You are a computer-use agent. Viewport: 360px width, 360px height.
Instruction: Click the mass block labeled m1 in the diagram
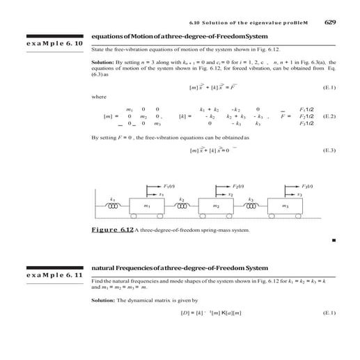point(148,206)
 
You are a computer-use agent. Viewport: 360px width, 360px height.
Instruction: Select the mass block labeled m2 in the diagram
point(217,206)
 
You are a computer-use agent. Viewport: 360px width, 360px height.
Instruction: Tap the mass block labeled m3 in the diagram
point(285,206)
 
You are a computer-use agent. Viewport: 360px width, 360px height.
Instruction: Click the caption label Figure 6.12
point(113,230)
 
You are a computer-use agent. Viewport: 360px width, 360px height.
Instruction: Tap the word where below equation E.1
point(100,97)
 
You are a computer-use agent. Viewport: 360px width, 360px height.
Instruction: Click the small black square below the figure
point(334,240)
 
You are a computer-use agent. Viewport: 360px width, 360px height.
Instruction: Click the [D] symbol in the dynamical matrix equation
point(186,313)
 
